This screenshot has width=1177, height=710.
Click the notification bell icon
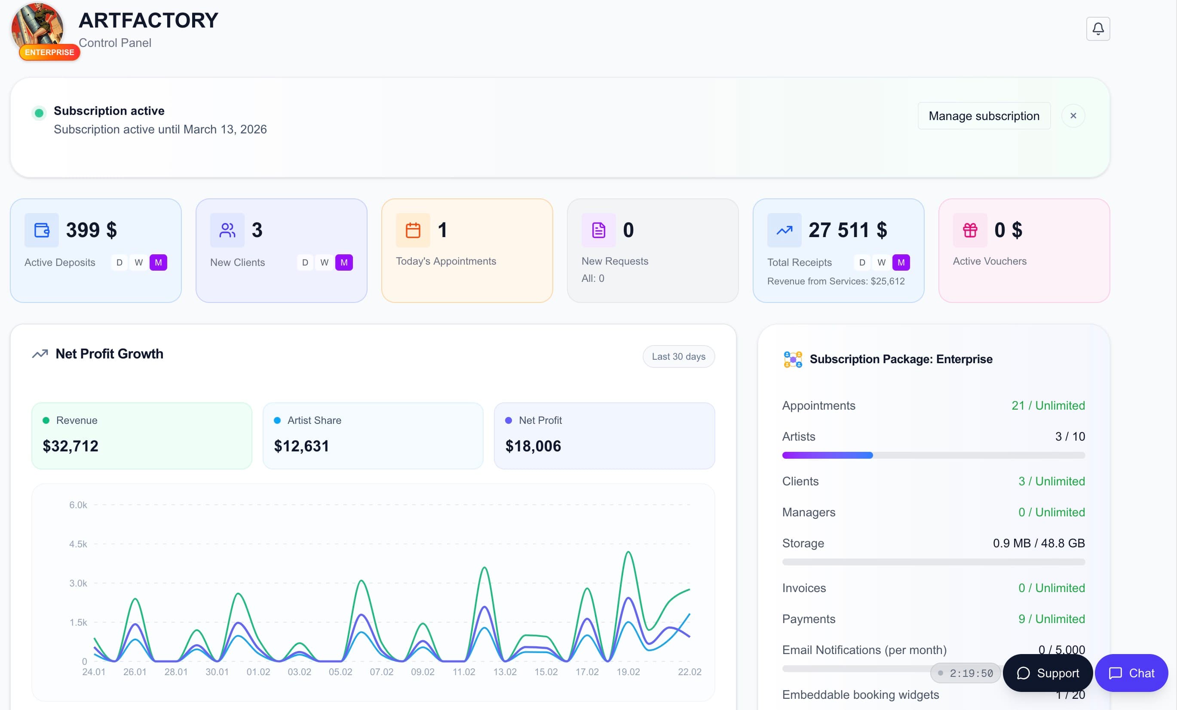tap(1098, 29)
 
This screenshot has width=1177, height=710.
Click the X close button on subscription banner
tap(1073, 116)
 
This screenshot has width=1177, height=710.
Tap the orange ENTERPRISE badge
tap(49, 52)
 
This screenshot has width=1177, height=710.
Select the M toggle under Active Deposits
tap(158, 262)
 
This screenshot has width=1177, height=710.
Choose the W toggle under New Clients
tap(325, 262)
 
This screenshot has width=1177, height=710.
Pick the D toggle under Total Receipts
tap(862, 262)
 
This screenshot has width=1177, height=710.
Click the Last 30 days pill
tap(678, 357)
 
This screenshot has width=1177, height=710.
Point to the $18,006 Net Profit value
tap(533, 446)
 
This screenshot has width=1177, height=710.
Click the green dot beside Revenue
tap(46, 420)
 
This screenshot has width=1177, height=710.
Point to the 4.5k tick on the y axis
tap(78, 544)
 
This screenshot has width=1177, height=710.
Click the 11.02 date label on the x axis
tap(464, 672)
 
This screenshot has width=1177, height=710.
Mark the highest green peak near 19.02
tap(628, 552)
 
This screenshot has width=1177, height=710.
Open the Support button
tap(1048, 673)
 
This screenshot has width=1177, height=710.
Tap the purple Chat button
tap(1131, 673)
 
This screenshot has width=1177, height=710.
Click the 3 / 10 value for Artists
tap(1070, 436)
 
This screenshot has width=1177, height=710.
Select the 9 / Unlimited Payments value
tap(1051, 619)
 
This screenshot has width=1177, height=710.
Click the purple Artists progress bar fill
tap(828, 455)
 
